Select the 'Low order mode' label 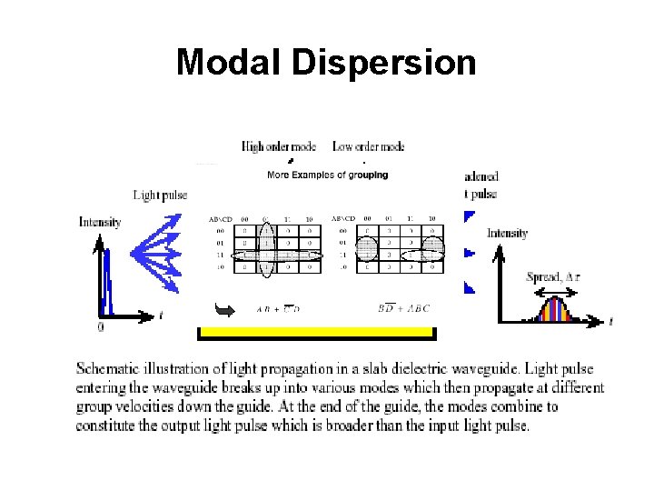tap(368, 146)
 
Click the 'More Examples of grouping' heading tap(327, 175)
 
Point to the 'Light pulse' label tap(161, 195)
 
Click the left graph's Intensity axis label tap(99, 221)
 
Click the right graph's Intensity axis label tap(507, 234)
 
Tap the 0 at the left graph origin tap(100, 326)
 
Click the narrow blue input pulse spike tap(105, 273)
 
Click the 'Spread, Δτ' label tap(553, 276)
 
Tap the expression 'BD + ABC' tap(403, 308)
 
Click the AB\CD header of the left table tap(222, 218)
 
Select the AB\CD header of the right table tap(343, 218)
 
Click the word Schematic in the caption tap(110, 369)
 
